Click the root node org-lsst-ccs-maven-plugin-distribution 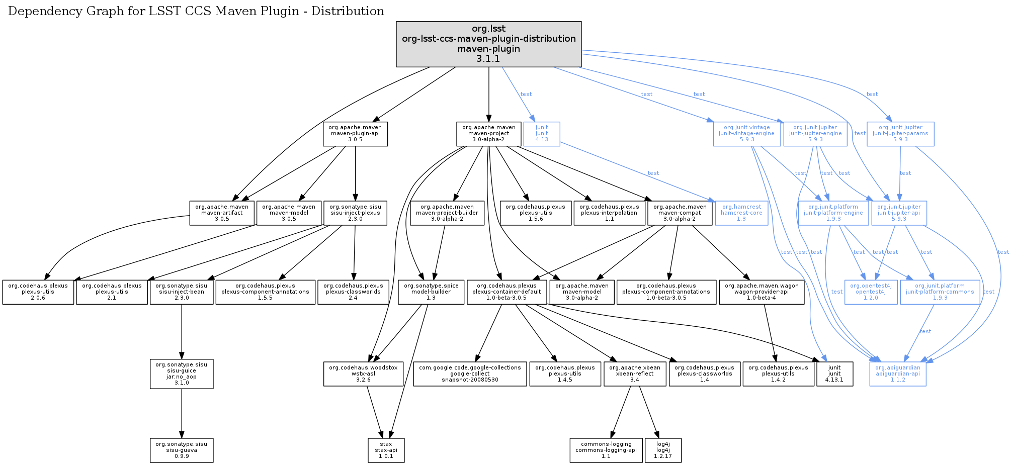coord(488,44)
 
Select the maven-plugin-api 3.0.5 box coord(355,134)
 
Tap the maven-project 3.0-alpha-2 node coord(488,134)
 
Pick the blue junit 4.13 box coord(541,134)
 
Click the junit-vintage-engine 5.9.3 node coord(746,134)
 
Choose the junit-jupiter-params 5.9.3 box coord(900,134)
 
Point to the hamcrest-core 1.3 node coord(741,213)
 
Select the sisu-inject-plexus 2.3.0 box coord(355,213)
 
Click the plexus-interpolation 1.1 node coord(609,213)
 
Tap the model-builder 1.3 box coord(431,292)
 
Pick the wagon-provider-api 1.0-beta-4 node coord(761,292)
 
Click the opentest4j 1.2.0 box coord(870,292)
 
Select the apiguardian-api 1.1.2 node coord(897,374)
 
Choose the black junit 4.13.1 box coord(834,374)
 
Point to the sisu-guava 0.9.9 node coord(182,450)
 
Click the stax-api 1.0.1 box coord(386,450)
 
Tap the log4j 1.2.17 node coord(663,450)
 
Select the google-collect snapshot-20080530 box coord(470,374)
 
